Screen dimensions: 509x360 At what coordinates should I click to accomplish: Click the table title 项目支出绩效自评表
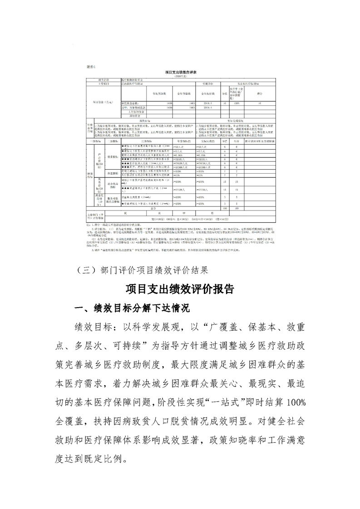tap(181, 72)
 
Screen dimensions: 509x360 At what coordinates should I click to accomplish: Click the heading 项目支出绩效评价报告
tap(180, 289)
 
